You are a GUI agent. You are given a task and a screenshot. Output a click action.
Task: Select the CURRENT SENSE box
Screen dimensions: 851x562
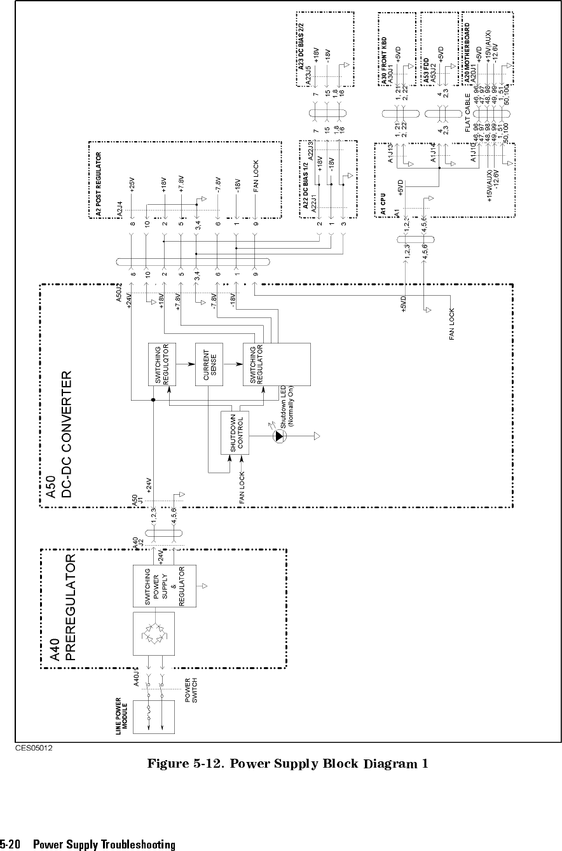point(211,364)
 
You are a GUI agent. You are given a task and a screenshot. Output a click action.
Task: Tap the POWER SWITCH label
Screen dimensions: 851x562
point(191,691)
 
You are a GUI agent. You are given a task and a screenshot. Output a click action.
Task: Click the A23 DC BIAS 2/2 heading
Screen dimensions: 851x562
point(301,48)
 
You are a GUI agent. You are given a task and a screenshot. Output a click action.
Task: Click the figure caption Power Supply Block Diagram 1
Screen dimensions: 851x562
point(287,763)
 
